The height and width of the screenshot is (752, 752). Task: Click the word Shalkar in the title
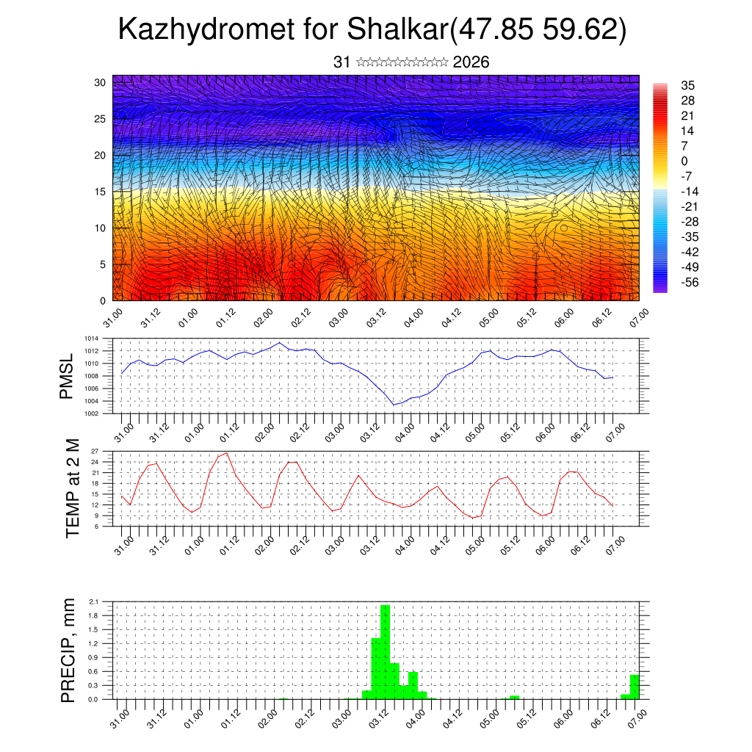pos(397,30)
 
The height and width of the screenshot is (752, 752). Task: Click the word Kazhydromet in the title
pos(207,30)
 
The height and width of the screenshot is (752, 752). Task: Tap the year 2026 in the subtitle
pos(471,62)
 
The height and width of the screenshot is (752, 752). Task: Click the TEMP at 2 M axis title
pos(72,488)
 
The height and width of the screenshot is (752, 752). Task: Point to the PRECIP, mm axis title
pos(68,651)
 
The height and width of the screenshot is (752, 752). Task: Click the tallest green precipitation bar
pos(385,651)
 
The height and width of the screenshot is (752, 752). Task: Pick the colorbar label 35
pos(688,86)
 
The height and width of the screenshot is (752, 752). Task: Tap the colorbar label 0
pos(684,161)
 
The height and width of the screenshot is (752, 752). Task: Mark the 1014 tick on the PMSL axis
pos(90,339)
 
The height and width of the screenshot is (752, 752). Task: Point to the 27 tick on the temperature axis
pos(94,451)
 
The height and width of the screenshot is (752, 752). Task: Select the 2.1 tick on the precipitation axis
pos(93,602)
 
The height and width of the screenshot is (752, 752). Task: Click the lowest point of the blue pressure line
pos(394,405)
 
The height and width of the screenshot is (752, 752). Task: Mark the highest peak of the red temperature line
pos(227,452)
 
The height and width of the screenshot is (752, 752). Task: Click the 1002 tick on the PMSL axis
pos(90,413)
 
